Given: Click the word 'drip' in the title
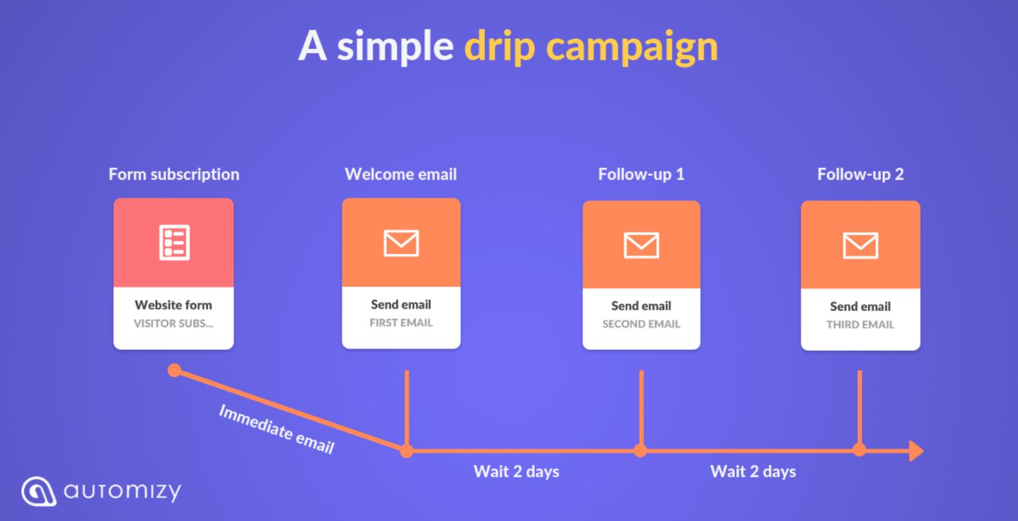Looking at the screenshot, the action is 499,46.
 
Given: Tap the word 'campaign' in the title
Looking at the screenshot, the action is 632,47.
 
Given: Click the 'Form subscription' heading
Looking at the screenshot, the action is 174,175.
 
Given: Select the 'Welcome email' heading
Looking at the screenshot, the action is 400,174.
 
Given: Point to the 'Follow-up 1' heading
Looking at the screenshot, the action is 641,175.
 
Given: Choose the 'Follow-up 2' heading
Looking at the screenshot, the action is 860,175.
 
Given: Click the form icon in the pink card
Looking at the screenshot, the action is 174,243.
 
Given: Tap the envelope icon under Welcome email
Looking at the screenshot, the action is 401,243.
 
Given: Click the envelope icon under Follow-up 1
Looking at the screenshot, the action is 641,245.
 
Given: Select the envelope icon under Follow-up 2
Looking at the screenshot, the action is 860,245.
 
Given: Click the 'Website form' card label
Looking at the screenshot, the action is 173,305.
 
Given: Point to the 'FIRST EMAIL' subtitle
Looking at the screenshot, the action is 401,323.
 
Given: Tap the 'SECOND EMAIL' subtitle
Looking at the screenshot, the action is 641,324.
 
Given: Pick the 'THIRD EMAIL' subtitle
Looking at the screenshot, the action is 860,325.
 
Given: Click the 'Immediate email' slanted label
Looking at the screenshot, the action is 277,429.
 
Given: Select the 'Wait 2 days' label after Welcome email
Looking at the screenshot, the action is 516,471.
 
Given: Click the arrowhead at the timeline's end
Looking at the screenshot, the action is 916,451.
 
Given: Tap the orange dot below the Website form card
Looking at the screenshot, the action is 174,370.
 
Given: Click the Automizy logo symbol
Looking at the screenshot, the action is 39,491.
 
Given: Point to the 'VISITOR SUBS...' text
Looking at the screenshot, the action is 173,323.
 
